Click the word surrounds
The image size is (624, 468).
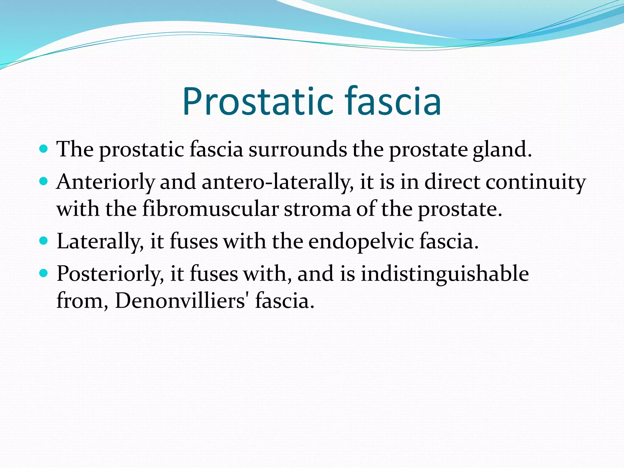pyautogui.click(x=298, y=150)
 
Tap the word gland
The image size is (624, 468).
pyautogui.click(x=502, y=150)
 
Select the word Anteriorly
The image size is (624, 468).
pyautogui.click(x=105, y=183)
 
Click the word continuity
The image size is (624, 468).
pyautogui.click(x=535, y=183)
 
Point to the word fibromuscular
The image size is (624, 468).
pyautogui.click(x=211, y=209)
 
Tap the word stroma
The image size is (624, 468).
pyautogui.click(x=317, y=209)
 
